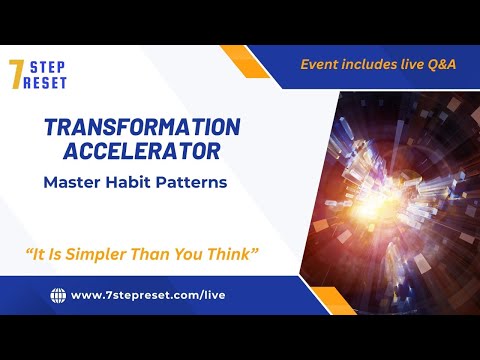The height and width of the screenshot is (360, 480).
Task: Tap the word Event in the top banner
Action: click(323, 64)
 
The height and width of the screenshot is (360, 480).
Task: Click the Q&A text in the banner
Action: click(439, 64)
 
